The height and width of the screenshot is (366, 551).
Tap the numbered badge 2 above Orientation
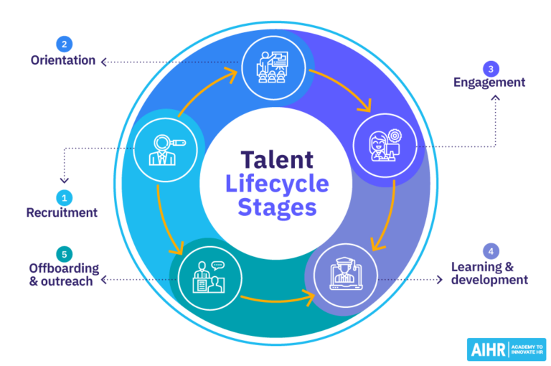[63, 43]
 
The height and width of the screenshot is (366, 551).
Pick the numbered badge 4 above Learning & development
[491, 251]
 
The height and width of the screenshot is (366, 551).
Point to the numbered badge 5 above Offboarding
[63, 253]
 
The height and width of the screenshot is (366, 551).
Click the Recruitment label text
[62, 212]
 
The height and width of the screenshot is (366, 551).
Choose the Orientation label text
[63, 60]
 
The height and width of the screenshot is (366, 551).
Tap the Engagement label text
[489, 83]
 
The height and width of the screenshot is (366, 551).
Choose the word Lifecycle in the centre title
[277, 184]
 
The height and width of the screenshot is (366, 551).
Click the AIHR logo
[506, 349]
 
